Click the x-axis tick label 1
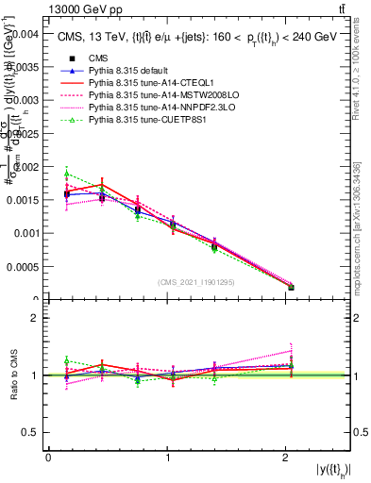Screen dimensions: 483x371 coord(167,458)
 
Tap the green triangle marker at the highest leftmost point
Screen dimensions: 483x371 coord(67,174)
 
